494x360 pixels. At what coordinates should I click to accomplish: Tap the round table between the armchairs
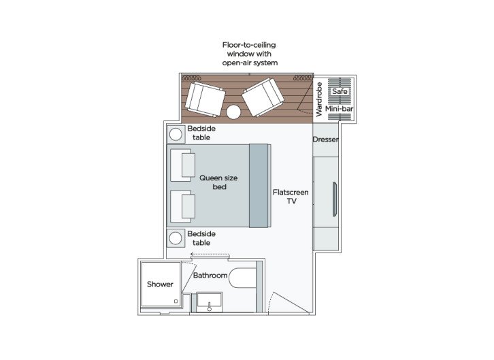coord(234,112)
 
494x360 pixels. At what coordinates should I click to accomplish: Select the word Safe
coord(338,90)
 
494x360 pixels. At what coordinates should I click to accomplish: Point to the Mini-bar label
coord(337,108)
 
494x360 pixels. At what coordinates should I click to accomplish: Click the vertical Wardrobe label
coord(318,96)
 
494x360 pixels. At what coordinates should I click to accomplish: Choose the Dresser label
coord(325,140)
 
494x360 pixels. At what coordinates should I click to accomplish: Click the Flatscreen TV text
coord(290,197)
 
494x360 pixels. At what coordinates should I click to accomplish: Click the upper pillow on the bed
coord(182,166)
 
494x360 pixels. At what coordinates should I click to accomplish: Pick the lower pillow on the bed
coord(182,206)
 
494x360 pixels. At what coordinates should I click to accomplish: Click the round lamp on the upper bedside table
coord(176,134)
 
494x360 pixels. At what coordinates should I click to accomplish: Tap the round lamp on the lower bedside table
coord(176,238)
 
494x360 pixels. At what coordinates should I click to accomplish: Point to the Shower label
coord(160,284)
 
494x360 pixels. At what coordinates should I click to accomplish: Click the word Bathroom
coord(210,276)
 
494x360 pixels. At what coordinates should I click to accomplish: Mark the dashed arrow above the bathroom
coord(209,255)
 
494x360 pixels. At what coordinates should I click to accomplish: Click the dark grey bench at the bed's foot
coord(259,185)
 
